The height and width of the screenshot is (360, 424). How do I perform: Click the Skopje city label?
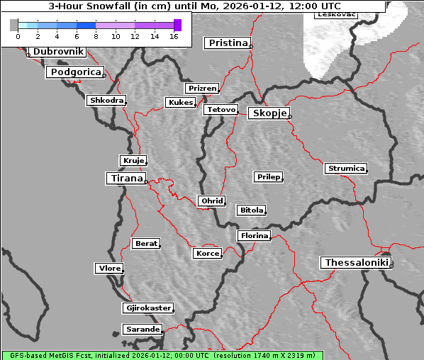point(268,113)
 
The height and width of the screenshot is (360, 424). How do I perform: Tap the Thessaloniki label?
point(356,263)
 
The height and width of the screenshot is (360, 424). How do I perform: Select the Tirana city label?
point(125,179)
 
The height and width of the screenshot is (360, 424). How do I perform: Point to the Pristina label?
point(227,43)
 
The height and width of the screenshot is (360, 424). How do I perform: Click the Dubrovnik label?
point(58,52)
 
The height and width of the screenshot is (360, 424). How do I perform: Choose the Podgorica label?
point(74,72)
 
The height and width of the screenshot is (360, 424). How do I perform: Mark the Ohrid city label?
point(211,201)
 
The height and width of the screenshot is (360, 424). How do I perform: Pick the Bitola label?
point(251,210)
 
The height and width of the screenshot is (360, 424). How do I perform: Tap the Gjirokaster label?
point(147,308)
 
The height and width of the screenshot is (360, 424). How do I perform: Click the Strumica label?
point(346,169)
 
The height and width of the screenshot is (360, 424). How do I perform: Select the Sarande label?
point(142,330)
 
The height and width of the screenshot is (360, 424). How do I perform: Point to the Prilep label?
point(268,176)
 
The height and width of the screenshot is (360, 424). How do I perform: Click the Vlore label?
point(108,269)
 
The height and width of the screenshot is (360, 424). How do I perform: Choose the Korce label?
point(207,254)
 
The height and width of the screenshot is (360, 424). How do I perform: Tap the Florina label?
point(254,235)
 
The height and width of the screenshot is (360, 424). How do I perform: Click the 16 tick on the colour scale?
point(174,36)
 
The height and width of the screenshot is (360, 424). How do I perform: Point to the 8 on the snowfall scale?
point(96,36)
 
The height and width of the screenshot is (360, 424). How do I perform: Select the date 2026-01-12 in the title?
point(257,6)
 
